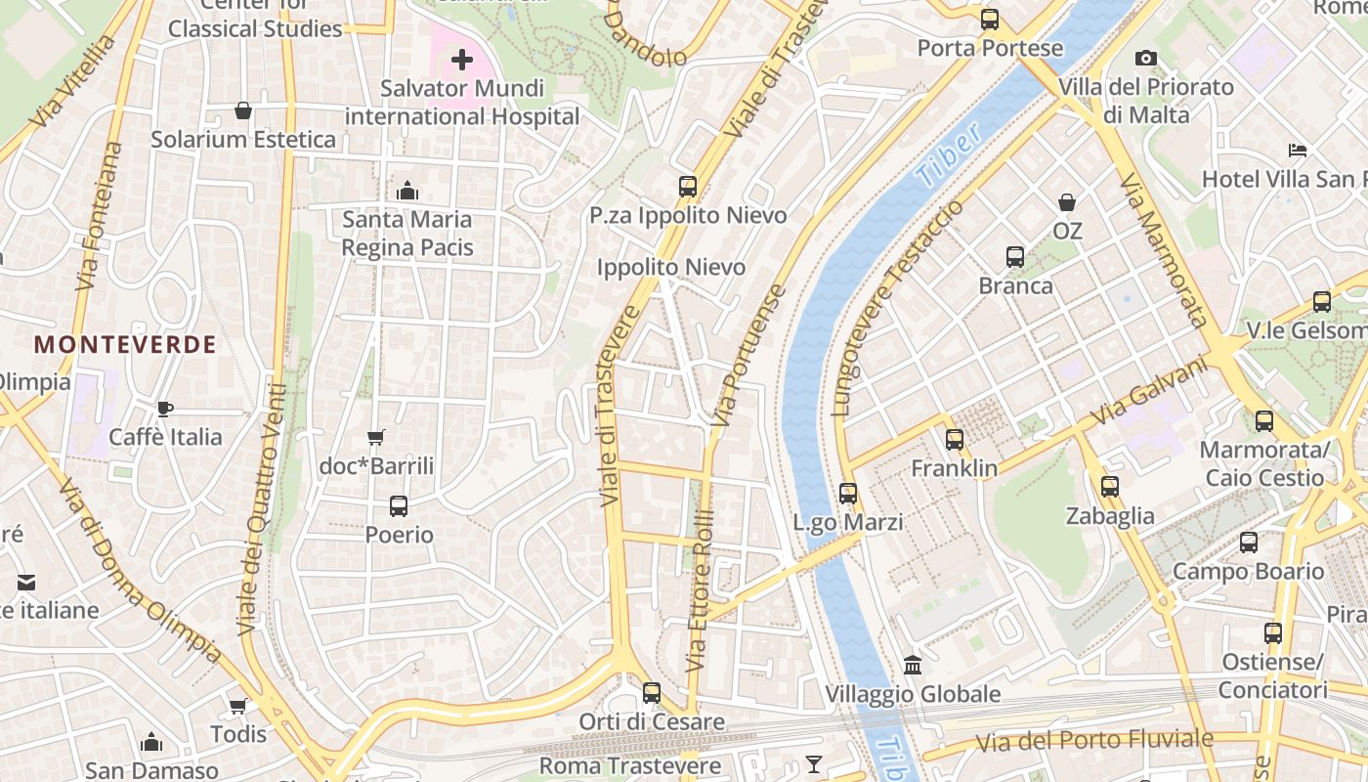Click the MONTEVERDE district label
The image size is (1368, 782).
pos(125,344)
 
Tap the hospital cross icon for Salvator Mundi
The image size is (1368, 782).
pos(462,61)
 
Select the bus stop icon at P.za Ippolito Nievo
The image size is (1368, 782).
pos(688,187)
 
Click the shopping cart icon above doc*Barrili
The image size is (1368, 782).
pos(376,437)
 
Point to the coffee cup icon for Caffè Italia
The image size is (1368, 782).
pos(165,408)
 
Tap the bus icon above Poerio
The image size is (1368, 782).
pos(399,506)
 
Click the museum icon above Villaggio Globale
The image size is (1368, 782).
pos(913,665)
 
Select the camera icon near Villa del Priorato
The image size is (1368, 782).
pos(1146,59)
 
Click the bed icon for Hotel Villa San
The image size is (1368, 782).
pos(1298,151)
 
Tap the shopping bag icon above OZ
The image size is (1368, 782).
pos(1067,202)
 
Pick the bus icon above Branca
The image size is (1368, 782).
pos(1015,257)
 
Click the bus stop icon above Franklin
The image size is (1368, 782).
pos(955,440)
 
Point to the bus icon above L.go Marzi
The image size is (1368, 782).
pos(848,494)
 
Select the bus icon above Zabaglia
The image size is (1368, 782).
pos(1110,487)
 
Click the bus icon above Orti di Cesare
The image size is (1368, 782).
pos(652,693)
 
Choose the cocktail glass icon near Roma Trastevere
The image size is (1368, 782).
pos(814,763)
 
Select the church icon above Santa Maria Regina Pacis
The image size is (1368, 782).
pos(407,190)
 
